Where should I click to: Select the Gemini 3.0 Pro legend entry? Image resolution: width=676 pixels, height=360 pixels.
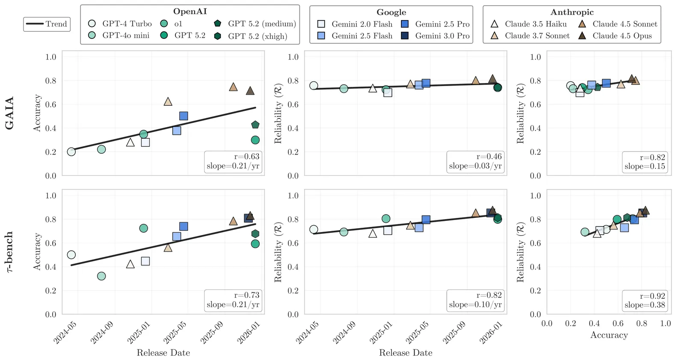click(436, 36)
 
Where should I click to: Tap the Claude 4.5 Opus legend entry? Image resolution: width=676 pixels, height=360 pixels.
click(616, 36)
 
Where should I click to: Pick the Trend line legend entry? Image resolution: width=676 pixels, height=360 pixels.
click(47, 24)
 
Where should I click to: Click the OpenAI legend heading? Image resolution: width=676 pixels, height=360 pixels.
click(190, 12)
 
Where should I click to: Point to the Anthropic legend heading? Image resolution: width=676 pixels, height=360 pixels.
click(572, 12)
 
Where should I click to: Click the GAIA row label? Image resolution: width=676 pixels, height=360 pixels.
click(9, 113)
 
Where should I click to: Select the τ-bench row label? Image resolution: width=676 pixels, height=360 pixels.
click(9, 252)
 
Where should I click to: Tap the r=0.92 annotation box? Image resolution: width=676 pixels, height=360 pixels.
click(645, 300)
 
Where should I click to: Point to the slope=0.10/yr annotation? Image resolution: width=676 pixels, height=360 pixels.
click(475, 305)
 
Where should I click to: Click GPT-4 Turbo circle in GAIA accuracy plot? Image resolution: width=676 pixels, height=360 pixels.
click(71, 152)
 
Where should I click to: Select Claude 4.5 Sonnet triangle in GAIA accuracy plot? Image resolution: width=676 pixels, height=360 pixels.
click(233, 87)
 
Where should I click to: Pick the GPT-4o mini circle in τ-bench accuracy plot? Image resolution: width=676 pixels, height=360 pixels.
click(101, 276)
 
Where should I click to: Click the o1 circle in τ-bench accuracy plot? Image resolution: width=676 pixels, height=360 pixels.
click(144, 228)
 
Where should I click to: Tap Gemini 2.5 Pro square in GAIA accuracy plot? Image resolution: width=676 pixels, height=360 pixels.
click(184, 116)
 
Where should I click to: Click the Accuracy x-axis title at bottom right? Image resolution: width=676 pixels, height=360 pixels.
click(609, 335)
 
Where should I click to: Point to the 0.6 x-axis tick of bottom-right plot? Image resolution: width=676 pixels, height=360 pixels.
click(618, 324)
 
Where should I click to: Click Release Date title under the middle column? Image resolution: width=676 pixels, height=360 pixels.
click(406, 353)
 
